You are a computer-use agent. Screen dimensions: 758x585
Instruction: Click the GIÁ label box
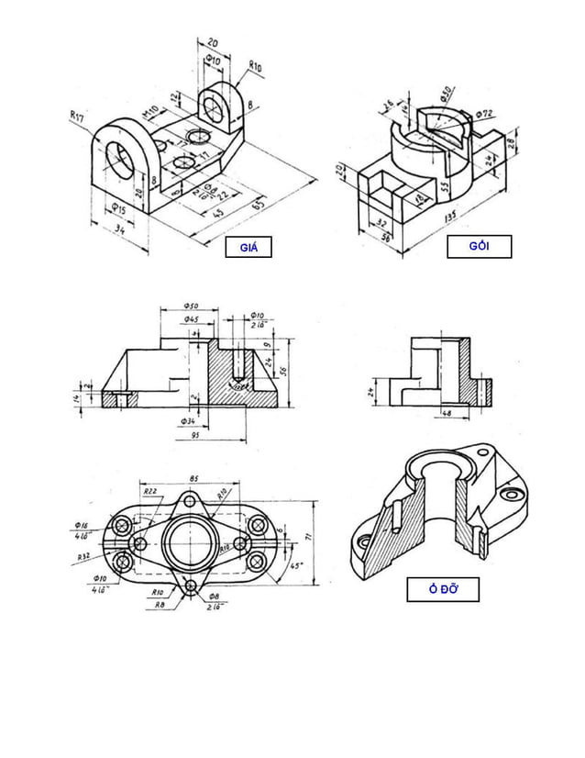248,247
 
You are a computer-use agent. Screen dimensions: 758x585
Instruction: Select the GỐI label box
479,247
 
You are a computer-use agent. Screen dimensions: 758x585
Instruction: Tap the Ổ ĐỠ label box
443,589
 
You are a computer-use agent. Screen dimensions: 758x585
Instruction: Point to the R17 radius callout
77,116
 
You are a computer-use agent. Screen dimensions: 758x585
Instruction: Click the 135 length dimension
450,218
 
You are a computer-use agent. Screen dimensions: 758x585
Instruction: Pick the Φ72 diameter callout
485,113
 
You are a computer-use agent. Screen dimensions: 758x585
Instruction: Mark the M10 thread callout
149,113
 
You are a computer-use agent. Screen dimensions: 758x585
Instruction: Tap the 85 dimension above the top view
193,478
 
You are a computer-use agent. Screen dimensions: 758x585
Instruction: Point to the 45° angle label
296,566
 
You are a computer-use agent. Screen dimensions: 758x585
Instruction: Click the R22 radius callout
152,492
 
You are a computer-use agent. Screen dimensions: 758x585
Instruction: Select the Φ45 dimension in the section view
192,318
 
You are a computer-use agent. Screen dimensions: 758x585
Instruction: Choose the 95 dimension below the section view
195,436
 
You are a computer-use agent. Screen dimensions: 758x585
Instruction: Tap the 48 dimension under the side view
448,414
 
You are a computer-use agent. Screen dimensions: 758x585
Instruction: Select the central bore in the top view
190,541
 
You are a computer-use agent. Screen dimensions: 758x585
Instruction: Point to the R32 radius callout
83,556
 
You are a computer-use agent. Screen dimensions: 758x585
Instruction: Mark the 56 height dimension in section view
284,371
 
